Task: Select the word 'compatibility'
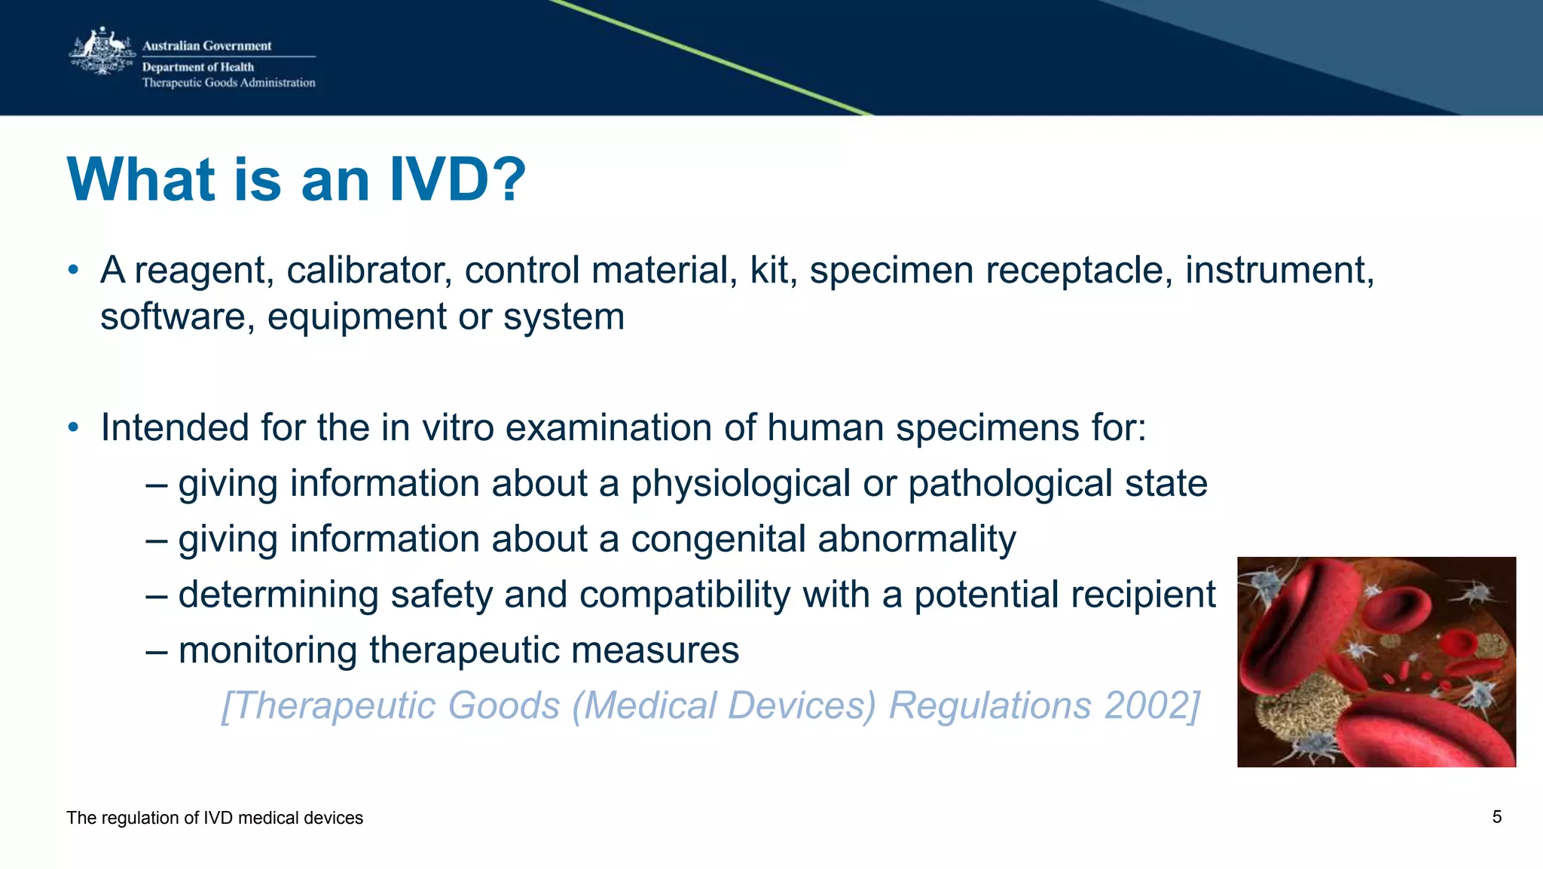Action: (x=685, y=595)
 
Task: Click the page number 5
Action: (x=1497, y=817)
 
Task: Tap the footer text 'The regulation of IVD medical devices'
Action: (x=215, y=818)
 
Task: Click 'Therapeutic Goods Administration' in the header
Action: (x=228, y=83)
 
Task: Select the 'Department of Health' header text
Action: (x=198, y=67)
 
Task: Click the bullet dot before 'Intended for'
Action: (x=73, y=427)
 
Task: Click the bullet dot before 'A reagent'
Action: (x=73, y=270)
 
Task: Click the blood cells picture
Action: (x=1376, y=662)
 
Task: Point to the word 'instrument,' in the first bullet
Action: (x=1279, y=270)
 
